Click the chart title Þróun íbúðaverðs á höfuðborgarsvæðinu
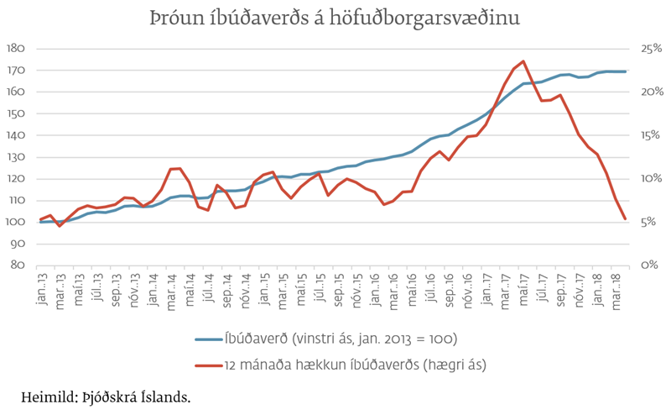tap(335, 18)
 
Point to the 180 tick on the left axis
tap(14, 49)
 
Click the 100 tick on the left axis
tap(14, 222)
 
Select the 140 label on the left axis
tap(14, 135)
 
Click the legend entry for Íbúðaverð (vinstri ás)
tap(339, 339)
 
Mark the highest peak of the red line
tap(523, 61)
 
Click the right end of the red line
tap(625, 219)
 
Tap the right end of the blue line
tap(625, 71)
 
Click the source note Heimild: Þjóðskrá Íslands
tap(105, 395)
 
